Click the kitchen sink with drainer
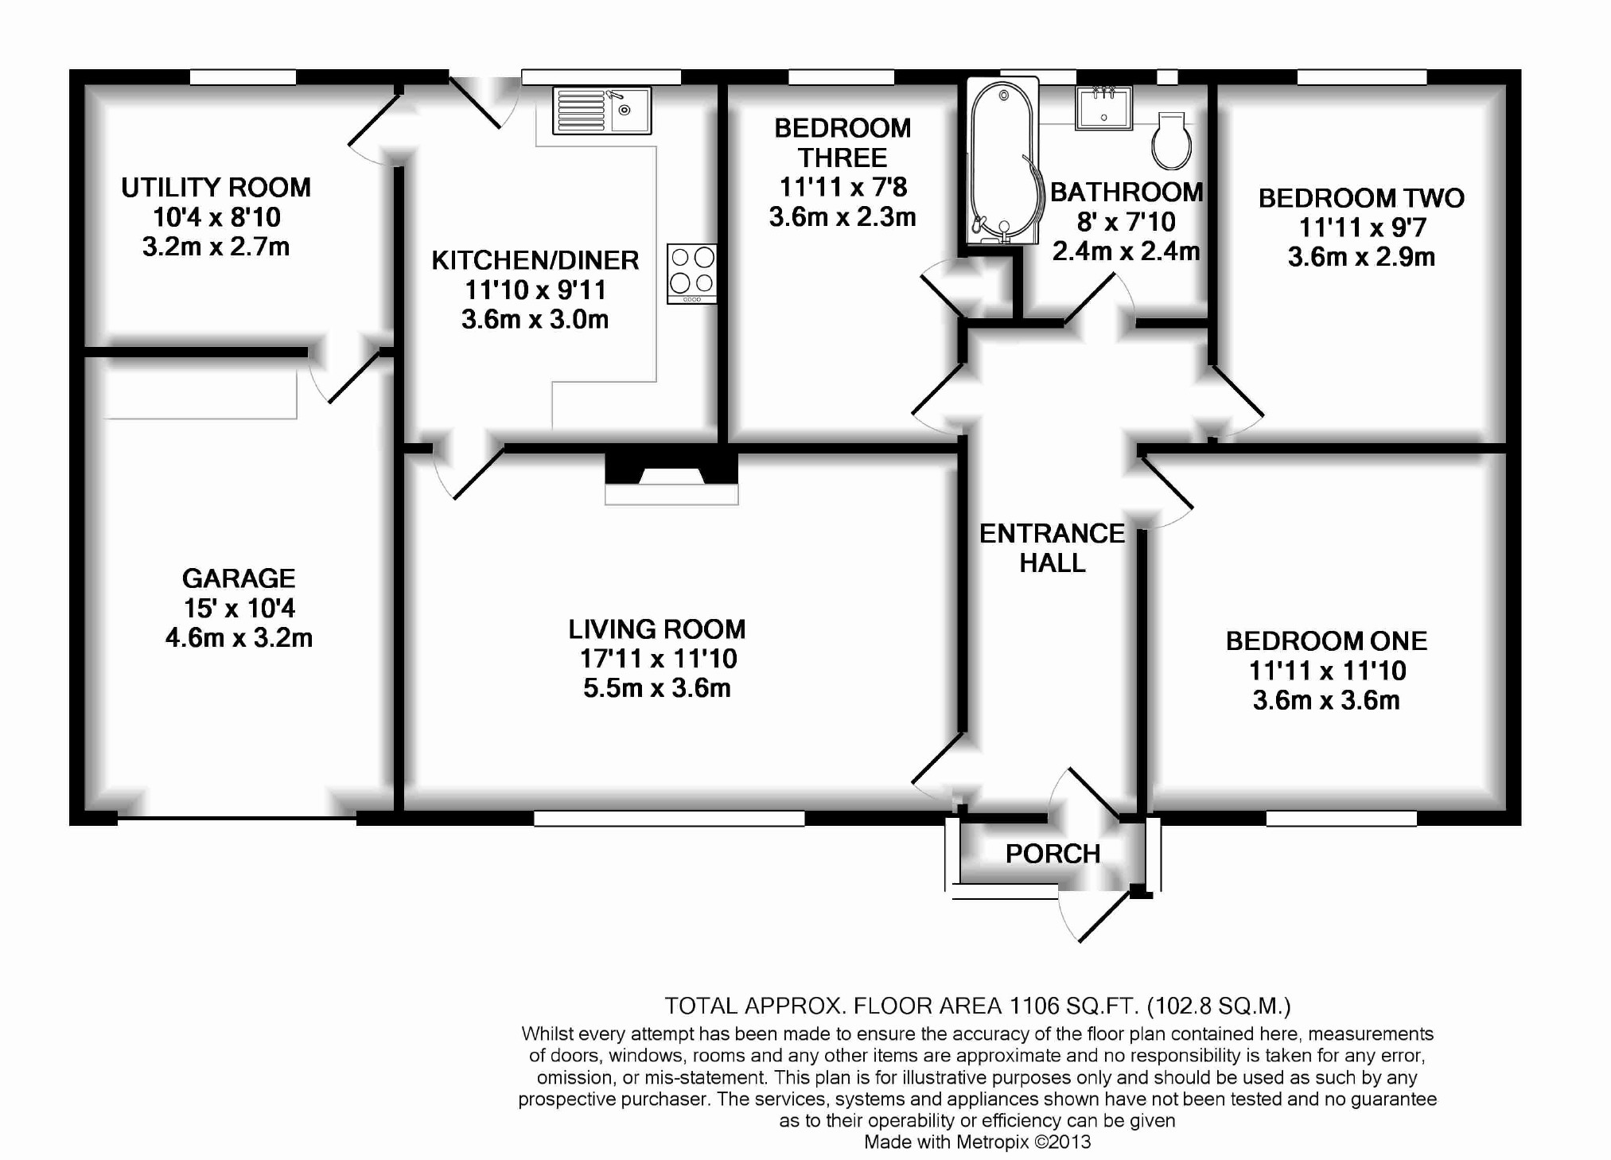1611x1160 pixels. [601, 110]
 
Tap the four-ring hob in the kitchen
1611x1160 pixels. [691, 273]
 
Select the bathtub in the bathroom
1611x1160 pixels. [1002, 163]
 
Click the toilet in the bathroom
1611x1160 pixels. [1171, 141]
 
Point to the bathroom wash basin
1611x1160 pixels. [1103, 107]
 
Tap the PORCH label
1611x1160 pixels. [1053, 854]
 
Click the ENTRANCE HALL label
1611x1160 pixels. [1052, 548]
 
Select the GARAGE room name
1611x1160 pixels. [239, 578]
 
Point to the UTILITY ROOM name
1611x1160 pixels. [216, 188]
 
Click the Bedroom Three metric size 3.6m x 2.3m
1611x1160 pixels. [842, 217]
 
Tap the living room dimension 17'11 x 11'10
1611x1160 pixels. [658, 659]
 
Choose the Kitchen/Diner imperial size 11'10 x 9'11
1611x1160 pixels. [535, 290]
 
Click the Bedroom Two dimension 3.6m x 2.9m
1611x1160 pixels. [1361, 257]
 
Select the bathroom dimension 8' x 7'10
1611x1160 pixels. [1126, 222]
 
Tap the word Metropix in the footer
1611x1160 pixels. [992, 1142]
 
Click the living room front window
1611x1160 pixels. [669, 818]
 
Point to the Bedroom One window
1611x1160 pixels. [1341, 818]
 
